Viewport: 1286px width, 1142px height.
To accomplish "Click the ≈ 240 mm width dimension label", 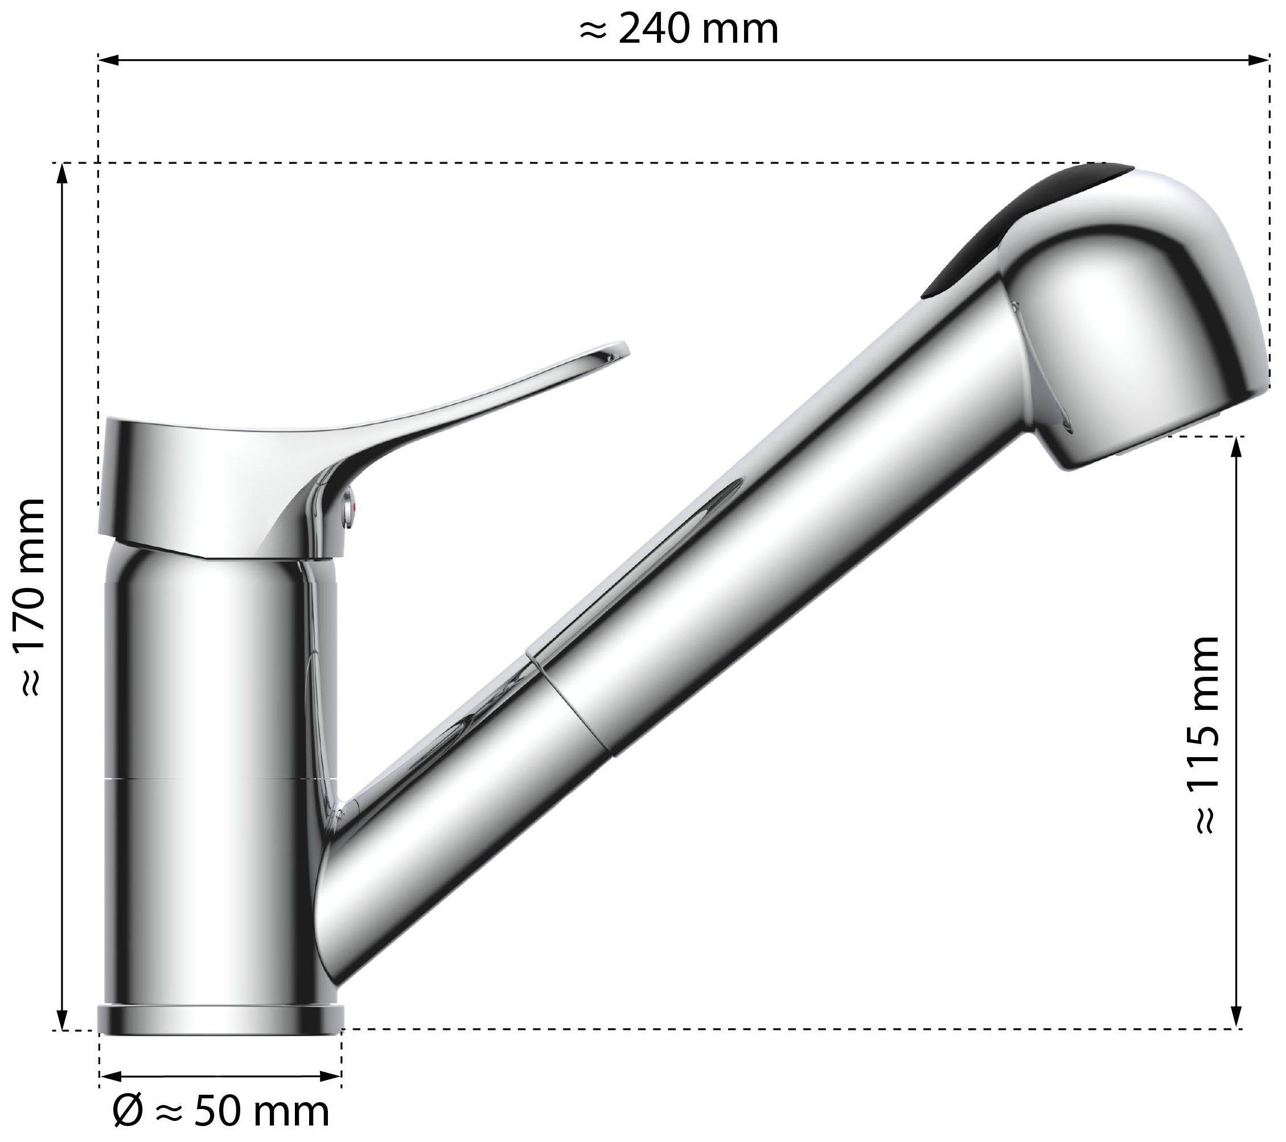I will (678, 30).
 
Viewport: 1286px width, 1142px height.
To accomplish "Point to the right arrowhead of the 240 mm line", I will (1258, 60).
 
